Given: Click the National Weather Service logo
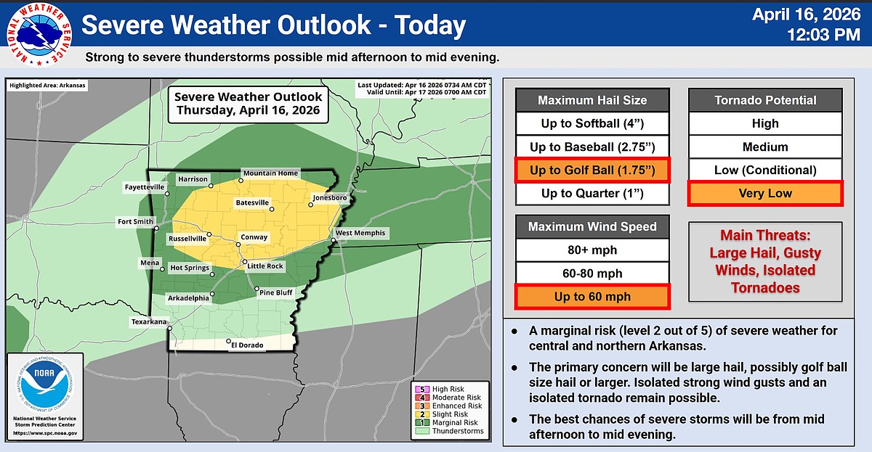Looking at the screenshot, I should (39, 33).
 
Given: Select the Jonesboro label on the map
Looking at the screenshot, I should (329, 197).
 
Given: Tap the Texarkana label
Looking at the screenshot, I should (149, 321).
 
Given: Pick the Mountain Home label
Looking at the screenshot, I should (270, 173).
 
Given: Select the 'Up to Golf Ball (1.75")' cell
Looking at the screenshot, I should (592, 170).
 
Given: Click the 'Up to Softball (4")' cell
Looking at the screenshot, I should (592, 123).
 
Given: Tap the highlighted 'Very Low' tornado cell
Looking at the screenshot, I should (765, 194).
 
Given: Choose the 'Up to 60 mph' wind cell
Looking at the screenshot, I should (592, 297).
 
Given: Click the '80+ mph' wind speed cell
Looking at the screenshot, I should (592, 250).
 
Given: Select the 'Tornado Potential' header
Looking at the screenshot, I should (765, 100).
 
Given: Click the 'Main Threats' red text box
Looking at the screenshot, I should (765, 261).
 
